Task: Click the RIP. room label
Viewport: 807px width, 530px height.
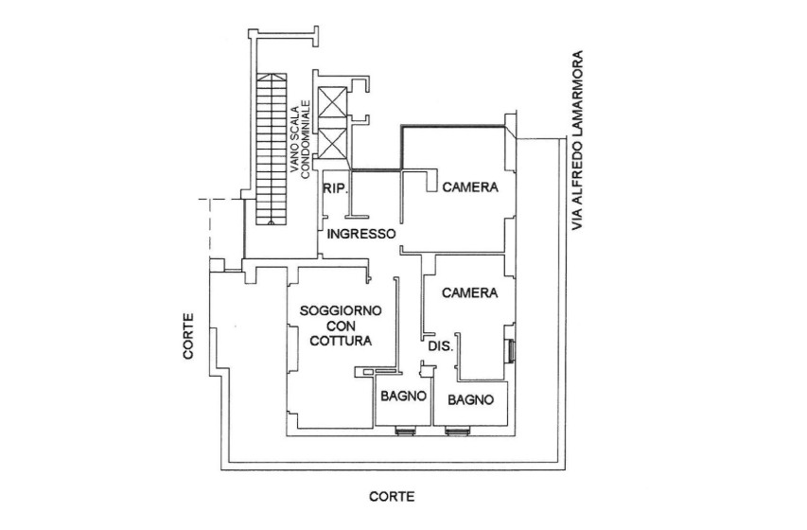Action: pyautogui.click(x=337, y=189)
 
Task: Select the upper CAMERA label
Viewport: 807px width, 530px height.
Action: pyautogui.click(x=470, y=187)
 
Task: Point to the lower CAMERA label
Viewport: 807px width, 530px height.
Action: pyautogui.click(x=470, y=292)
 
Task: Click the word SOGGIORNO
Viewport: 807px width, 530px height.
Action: pyautogui.click(x=341, y=310)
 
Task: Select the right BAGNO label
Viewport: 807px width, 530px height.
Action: pyautogui.click(x=471, y=399)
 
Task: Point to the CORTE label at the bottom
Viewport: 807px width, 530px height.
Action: pyautogui.click(x=392, y=496)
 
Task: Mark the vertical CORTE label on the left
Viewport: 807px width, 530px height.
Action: pyautogui.click(x=190, y=338)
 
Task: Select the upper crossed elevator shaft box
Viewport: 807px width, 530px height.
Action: pyautogui.click(x=335, y=105)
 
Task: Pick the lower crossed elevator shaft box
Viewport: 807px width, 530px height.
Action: pyautogui.click(x=335, y=145)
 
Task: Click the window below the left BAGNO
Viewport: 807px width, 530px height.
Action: pyautogui.click(x=404, y=431)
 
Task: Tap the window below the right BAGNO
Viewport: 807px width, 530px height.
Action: pyautogui.click(x=457, y=431)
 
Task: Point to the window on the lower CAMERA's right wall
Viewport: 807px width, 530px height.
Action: pyautogui.click(x=511, y=350)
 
